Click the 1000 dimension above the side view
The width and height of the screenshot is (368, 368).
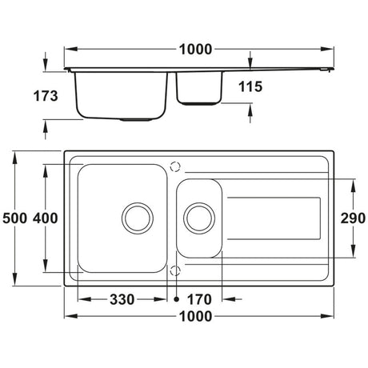click(x=195, y=50)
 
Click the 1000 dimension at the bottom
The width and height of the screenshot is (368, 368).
click(x=195, y=317)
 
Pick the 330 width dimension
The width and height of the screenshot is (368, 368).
click(x=122, y=299)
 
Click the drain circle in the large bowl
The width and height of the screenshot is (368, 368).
click(x=137, y=215)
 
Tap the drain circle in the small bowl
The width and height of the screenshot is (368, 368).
click(x=199, y=215)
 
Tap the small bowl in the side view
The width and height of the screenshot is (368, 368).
click(x=198, y=88)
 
